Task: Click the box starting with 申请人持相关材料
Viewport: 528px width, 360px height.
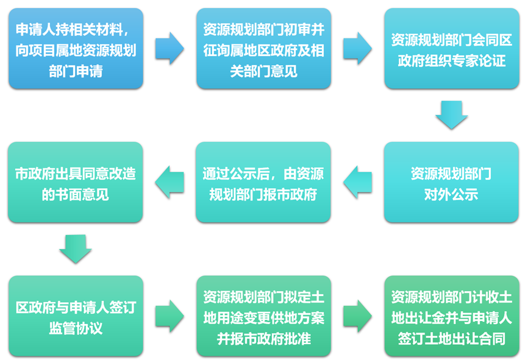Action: (76, 49)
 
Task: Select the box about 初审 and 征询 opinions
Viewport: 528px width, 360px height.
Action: (263, 49)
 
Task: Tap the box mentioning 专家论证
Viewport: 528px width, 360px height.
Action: (451, 49)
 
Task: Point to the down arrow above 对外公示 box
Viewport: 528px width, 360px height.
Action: (451, 115)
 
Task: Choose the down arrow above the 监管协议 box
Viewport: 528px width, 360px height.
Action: (76, 249)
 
